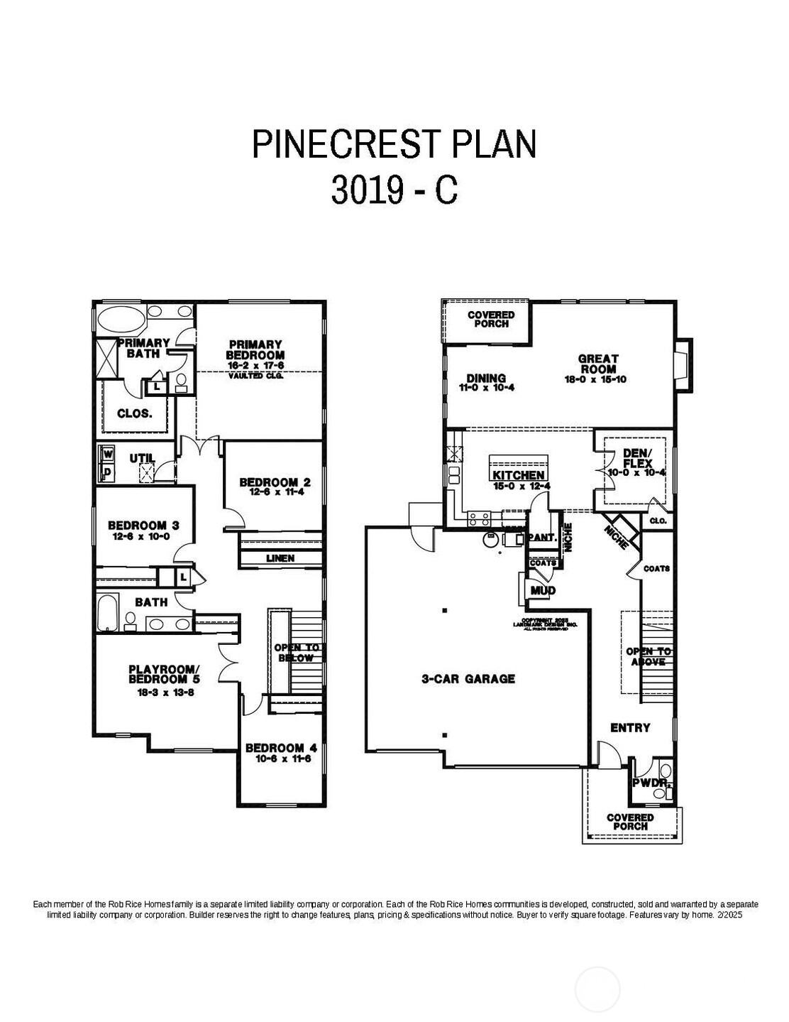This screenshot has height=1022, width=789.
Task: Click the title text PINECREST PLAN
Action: point(394,143)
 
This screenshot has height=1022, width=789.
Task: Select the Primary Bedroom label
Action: point(255,349)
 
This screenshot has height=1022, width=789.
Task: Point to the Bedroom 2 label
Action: point(275,482)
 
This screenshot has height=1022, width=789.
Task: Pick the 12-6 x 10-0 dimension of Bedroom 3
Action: point(143,537)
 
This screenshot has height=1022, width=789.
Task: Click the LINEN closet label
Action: point(280,558)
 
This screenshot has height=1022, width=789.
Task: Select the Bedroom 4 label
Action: point(281,748)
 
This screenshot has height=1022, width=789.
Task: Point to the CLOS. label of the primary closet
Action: point(135,413)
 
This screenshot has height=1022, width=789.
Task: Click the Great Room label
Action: point(597,364)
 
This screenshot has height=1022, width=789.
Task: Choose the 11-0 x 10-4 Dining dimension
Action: point(486,388)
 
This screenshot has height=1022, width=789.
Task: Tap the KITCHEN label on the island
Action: point(519,475)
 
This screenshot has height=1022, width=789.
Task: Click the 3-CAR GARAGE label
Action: point(468,679)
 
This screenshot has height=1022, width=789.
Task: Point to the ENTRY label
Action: point(630,727)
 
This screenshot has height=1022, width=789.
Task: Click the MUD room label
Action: point(543,590)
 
